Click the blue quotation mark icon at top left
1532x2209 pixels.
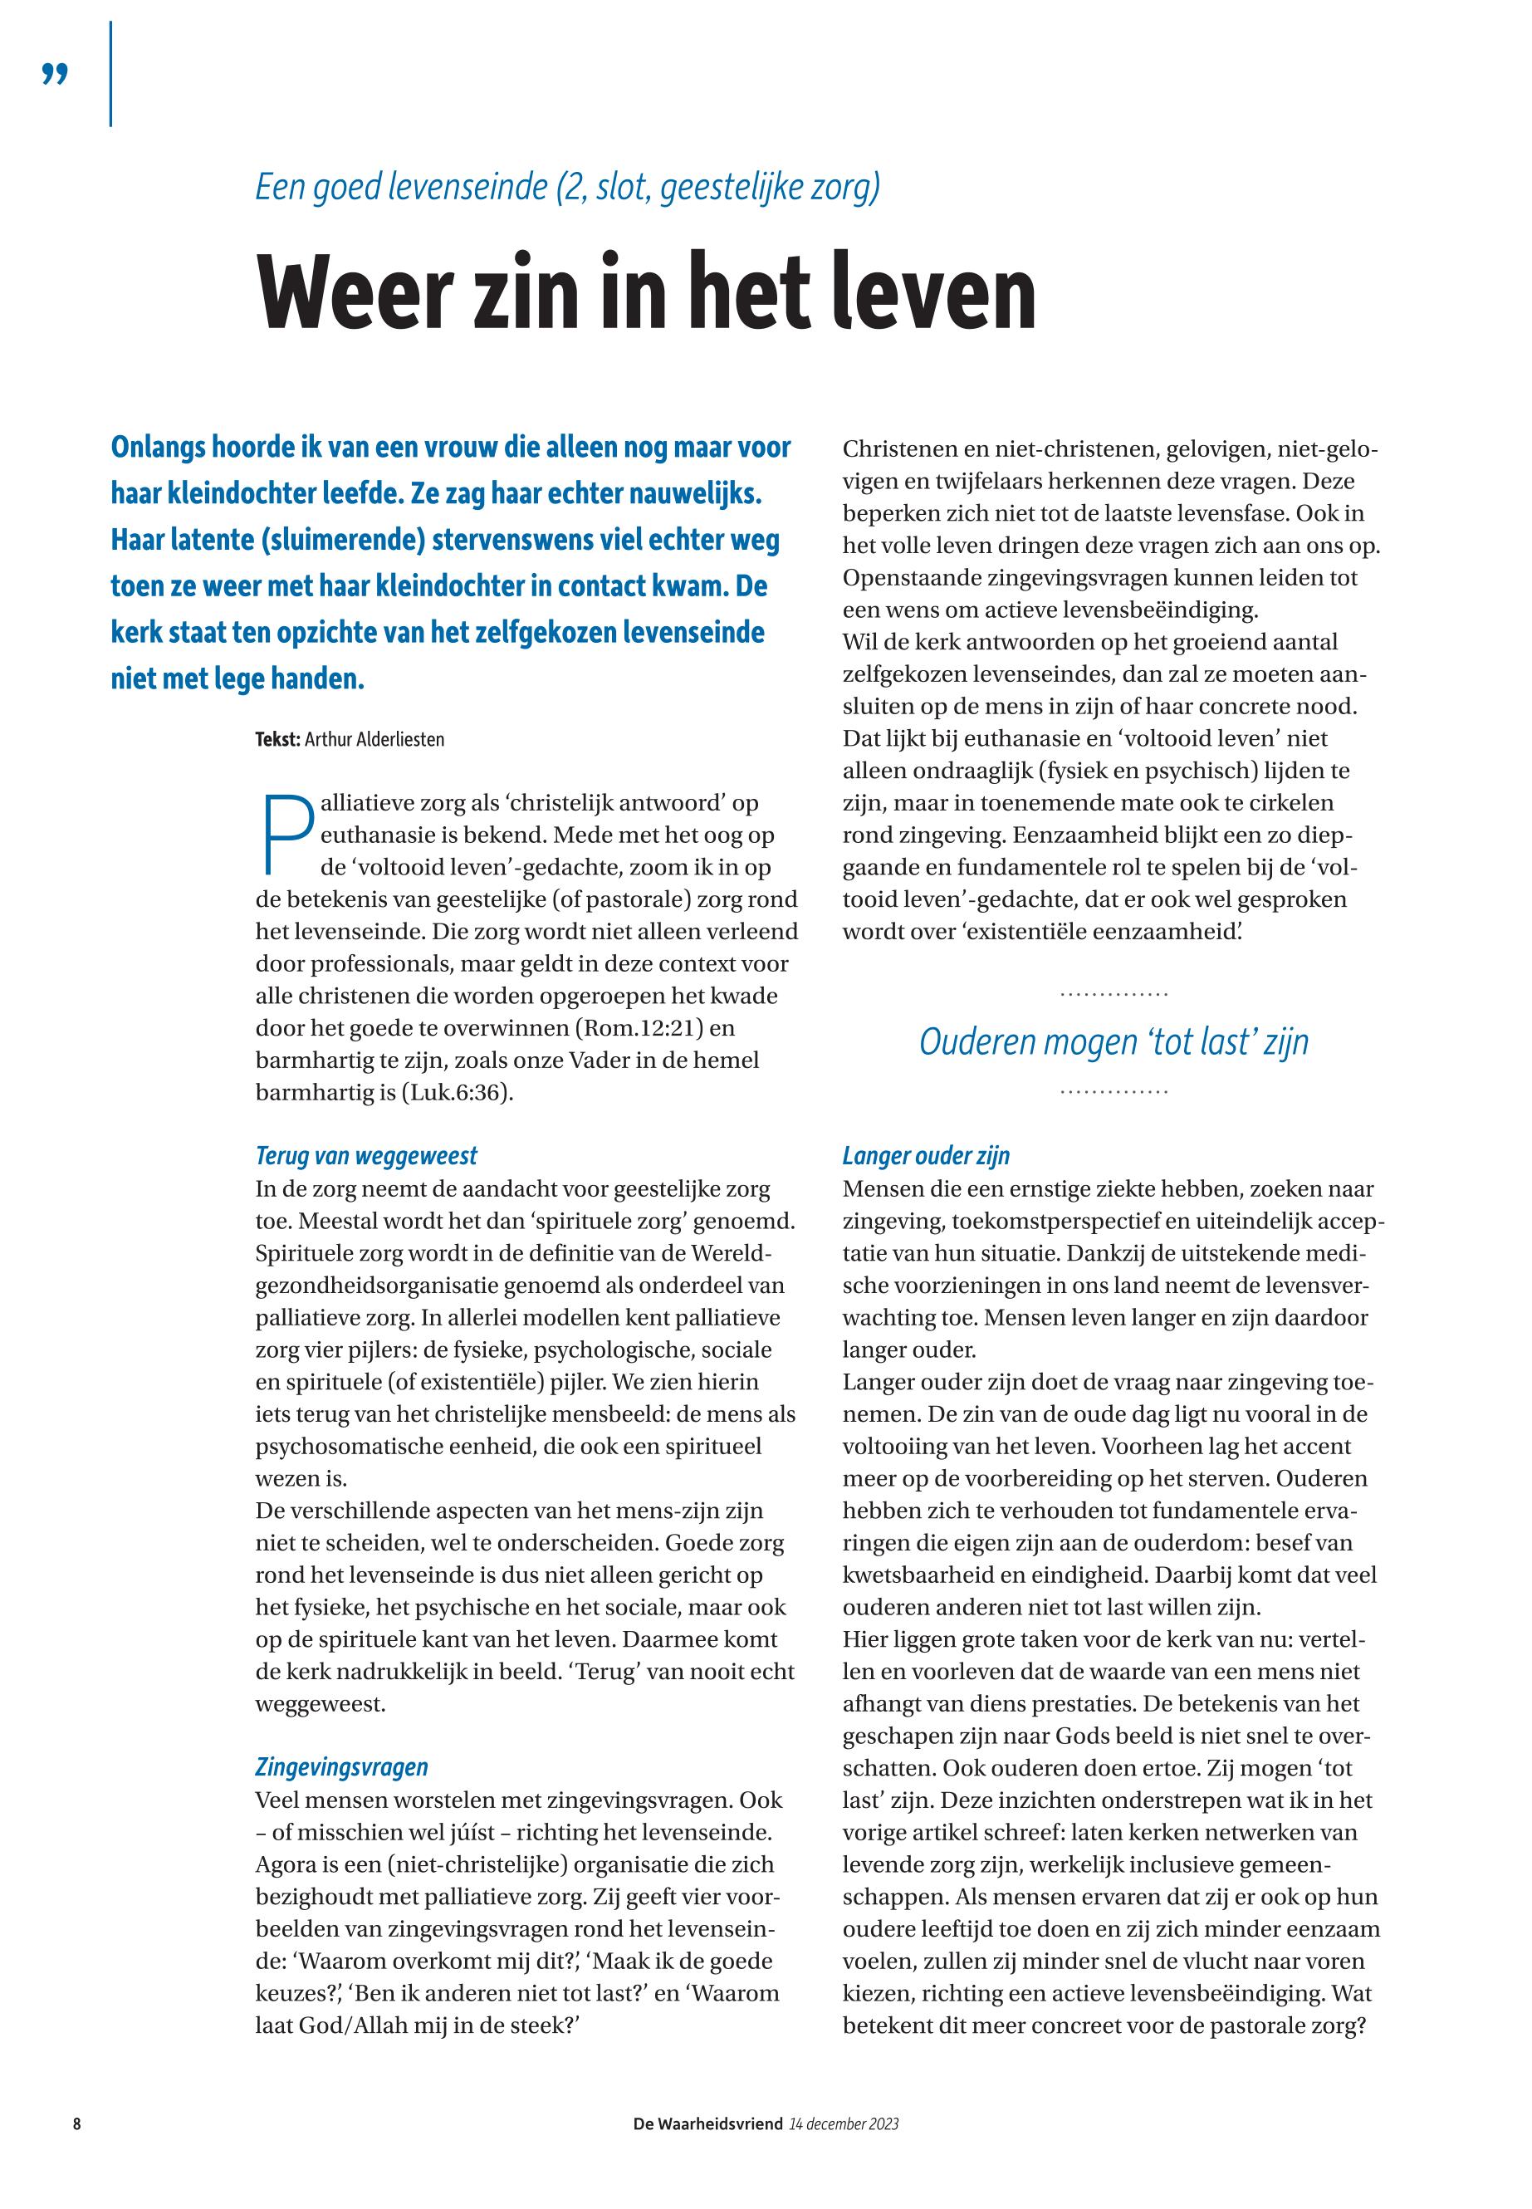[56, 74]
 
